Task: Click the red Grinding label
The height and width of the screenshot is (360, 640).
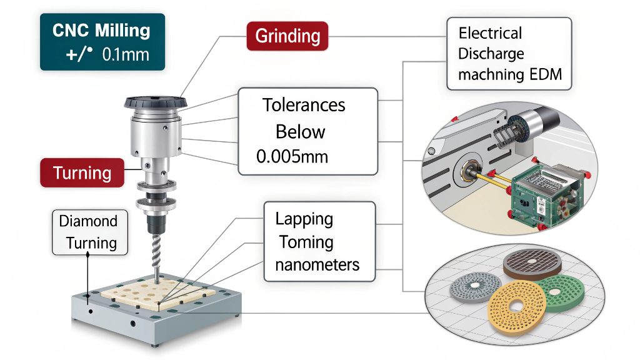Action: tap(287, 36)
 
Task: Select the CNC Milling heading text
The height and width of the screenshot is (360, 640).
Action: tap(101, 30)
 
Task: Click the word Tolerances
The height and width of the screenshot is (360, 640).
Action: tap(304, 104)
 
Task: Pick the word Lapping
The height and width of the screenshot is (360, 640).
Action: tap(304, 219)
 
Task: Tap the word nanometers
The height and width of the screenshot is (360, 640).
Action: tap(317, 264)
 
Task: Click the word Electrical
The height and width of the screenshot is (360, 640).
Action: tap(490, 33)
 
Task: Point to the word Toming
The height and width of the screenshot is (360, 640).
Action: tap(306, 242)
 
